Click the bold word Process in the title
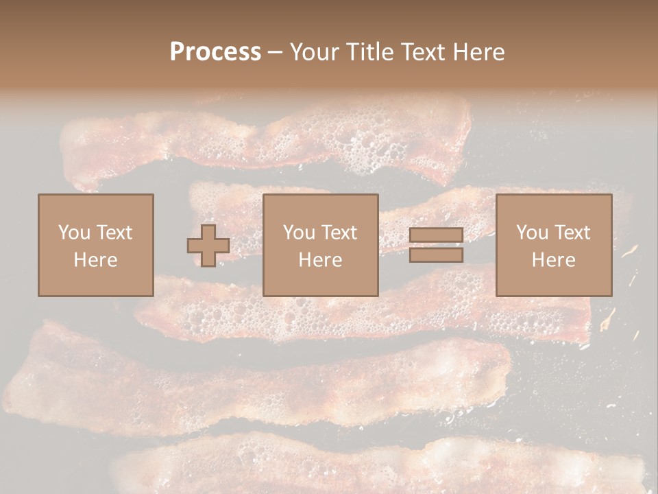(215, 52)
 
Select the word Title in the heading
(367, 52)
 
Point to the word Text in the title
(424, 52)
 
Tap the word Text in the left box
(114, 233)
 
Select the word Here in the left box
(95, 260)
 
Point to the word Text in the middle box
(339, 233)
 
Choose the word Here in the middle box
(320, 260)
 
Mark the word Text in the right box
(572, 233)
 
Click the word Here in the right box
(553, 260)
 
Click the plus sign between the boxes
(208, 246)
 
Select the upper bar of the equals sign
(436, 235)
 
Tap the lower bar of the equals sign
(436, 255)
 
